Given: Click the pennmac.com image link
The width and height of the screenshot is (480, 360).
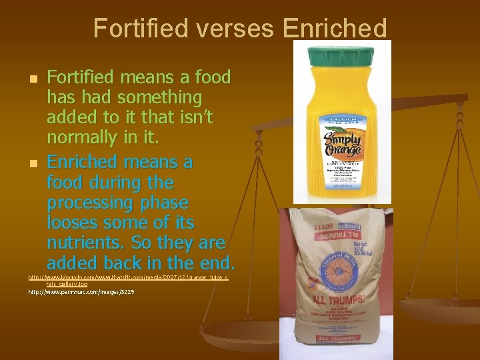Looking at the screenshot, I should click(81, 292).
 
